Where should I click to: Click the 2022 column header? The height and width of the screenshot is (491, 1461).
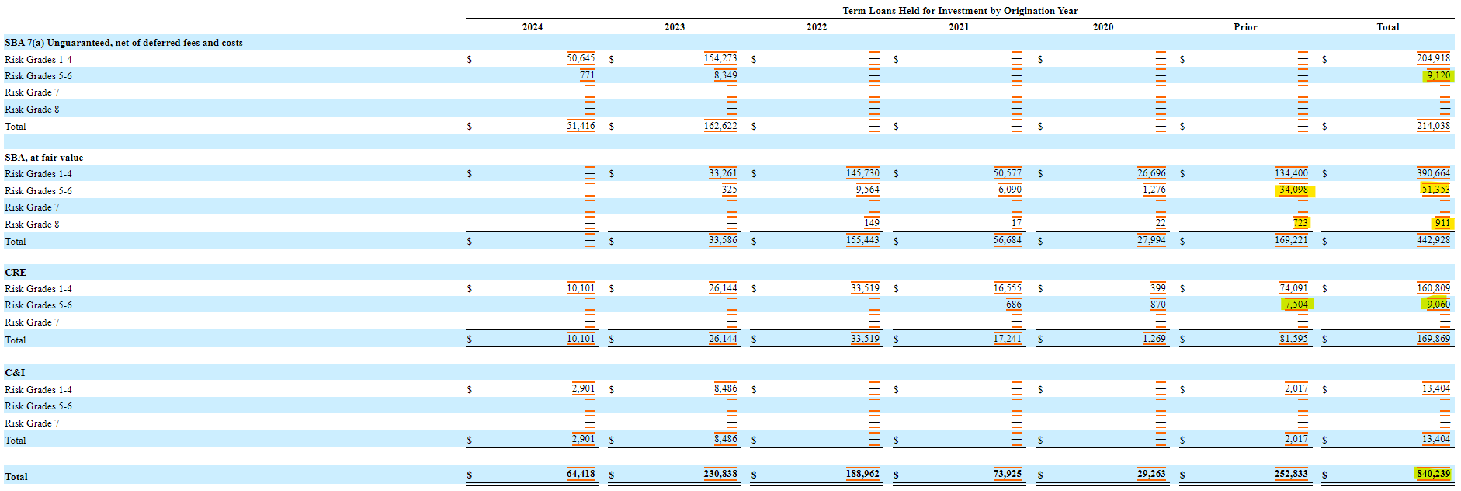[x=816, y=27]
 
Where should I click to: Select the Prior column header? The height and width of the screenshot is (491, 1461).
[x=1244, y=27]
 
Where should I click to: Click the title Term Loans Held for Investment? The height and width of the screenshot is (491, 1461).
[x=960, y=11]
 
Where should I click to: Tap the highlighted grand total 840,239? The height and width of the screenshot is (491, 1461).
[x=1432, y=474]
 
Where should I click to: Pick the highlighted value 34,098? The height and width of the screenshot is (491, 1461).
[x=1293, y=190]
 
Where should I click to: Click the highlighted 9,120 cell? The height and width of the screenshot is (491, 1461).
[x=1438, y=75]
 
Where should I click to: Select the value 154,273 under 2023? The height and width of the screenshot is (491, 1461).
[x=720, y=58]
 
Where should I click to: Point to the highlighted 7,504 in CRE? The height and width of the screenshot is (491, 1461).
[x=1296, y=305]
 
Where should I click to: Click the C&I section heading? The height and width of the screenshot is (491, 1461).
[x=16, y=373]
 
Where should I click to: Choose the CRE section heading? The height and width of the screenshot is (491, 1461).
[x=16, y=273]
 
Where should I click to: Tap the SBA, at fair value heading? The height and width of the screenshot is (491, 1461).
[x=44, y=158]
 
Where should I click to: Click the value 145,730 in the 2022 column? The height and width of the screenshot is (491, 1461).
[x=862, y=173]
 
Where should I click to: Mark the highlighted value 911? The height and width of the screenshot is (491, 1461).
[x=1442, y=223]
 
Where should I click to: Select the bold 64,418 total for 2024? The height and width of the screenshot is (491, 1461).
[x=581, y=474]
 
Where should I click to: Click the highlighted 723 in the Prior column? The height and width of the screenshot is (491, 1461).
[x=1300, y=223]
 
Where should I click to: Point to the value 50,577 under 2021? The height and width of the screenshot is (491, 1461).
[x=1008, y=173]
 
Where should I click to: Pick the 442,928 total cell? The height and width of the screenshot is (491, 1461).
[x=1433, y=240]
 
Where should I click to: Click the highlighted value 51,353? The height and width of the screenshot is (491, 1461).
[x=1435, y=190]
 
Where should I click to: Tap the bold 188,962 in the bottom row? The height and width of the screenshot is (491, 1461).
[x=862, y=474]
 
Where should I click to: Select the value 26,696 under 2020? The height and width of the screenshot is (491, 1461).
[x=1151, y=173]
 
